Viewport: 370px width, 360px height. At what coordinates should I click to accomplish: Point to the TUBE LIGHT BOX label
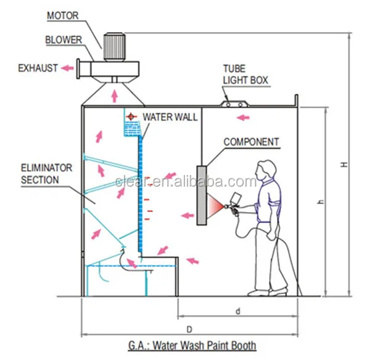246,76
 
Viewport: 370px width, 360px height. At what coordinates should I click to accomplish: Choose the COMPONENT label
251,142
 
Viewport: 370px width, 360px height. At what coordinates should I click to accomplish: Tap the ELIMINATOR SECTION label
47,173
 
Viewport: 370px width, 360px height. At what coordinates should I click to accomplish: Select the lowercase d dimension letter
238,311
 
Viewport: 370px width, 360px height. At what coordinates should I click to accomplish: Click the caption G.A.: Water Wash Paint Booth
189,346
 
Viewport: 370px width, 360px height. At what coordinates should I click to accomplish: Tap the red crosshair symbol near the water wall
130,116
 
